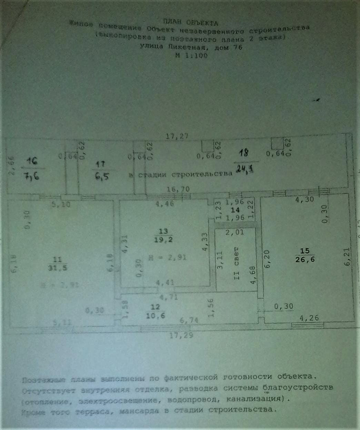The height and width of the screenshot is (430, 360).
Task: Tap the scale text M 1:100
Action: click(x=191, y=55)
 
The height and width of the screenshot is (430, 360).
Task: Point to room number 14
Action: click(x=235, y=209)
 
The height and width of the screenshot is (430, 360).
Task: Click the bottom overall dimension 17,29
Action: click(x=181, y=334)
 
